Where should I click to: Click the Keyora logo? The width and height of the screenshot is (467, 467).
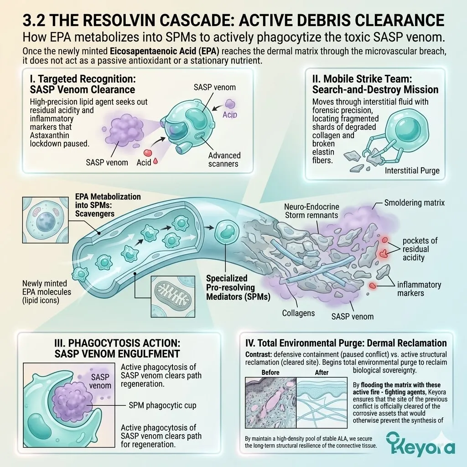420,443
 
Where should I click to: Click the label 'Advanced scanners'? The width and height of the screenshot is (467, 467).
224,160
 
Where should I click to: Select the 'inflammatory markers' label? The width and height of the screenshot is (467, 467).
419,289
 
